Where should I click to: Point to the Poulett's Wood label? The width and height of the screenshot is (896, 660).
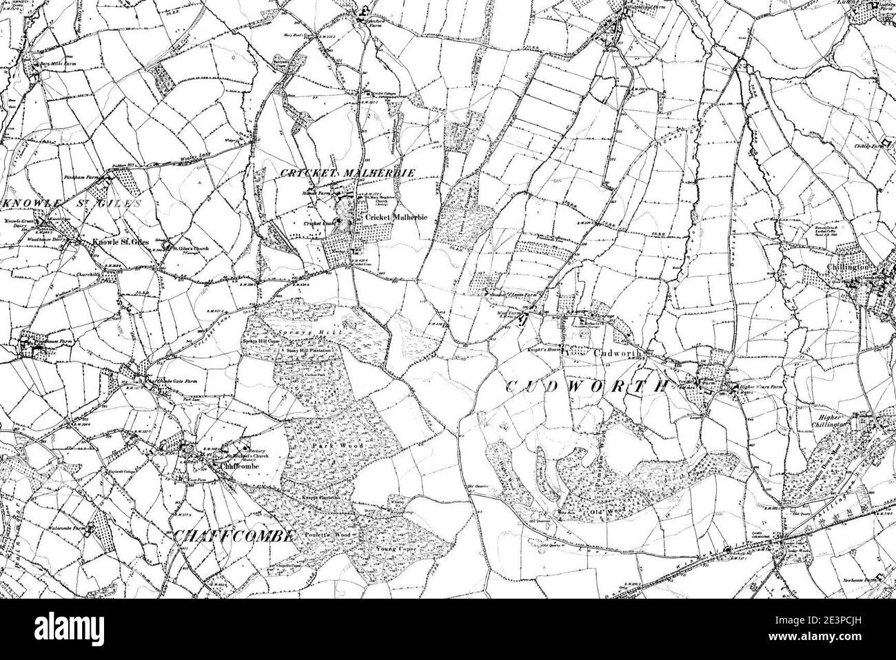[329, 535]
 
